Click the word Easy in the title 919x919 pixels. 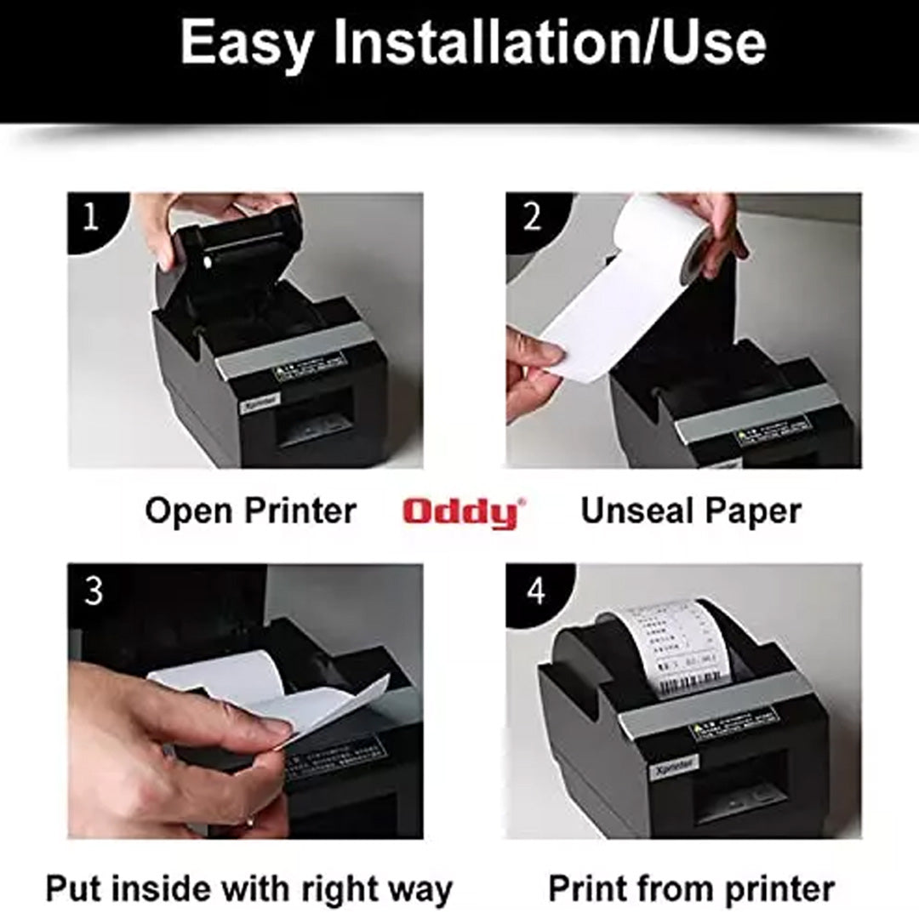click(246, 43)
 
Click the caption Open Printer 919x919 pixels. click(250, 511)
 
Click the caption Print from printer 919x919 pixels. click(691, 888)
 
